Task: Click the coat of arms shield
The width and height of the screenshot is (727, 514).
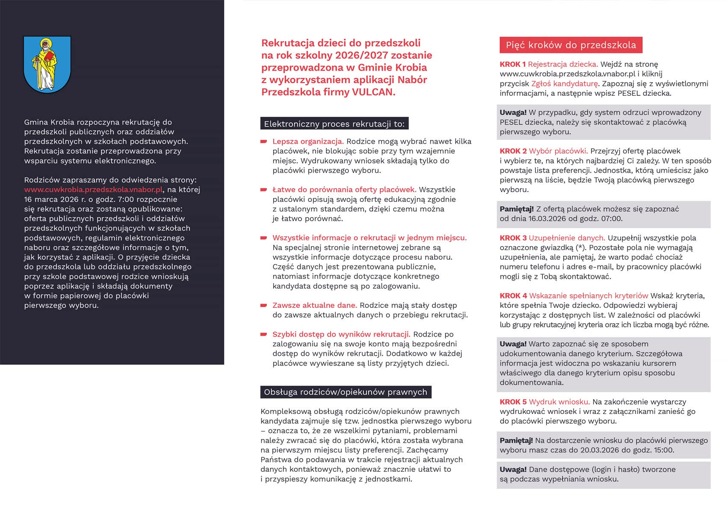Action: pyautogui.click(x=47, y=64)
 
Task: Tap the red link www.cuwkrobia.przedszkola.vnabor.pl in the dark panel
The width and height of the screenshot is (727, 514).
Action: pyautogui.click(x=93, y=189)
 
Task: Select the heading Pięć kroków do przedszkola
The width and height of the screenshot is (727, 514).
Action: pyautogui.click(x=570, y=45)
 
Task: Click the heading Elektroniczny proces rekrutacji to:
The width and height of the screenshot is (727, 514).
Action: pyautogui.click(x=334, y=124)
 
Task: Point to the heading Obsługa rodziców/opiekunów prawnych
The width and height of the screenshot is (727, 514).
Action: pyautogui.click(x=346, y=392)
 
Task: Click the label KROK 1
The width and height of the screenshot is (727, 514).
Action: pyautogui.click(x=512, y=64)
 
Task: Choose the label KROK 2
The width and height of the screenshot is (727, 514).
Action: pyautogui.click(x=513, y=151)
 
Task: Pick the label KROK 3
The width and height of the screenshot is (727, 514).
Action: pyautogui.click(x=513, y=238)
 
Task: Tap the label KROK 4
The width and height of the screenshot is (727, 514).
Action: pyautogui.click(x=513, y=295)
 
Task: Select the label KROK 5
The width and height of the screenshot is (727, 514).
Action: pyautogui.click(x=513, y=402)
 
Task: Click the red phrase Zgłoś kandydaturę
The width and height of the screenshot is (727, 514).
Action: pyautogui.click(x=564, y=83)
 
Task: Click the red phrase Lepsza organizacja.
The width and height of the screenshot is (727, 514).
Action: pyautogui.click(x=308, y=142)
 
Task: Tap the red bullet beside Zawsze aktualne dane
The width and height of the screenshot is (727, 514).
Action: pyautogui.click(x=264, y=305)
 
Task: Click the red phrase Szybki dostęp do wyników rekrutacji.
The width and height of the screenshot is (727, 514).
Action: pyautogui.click(x=341, y=334)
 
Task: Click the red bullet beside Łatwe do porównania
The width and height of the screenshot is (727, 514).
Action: pyautogui.click(x=264, y=189)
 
